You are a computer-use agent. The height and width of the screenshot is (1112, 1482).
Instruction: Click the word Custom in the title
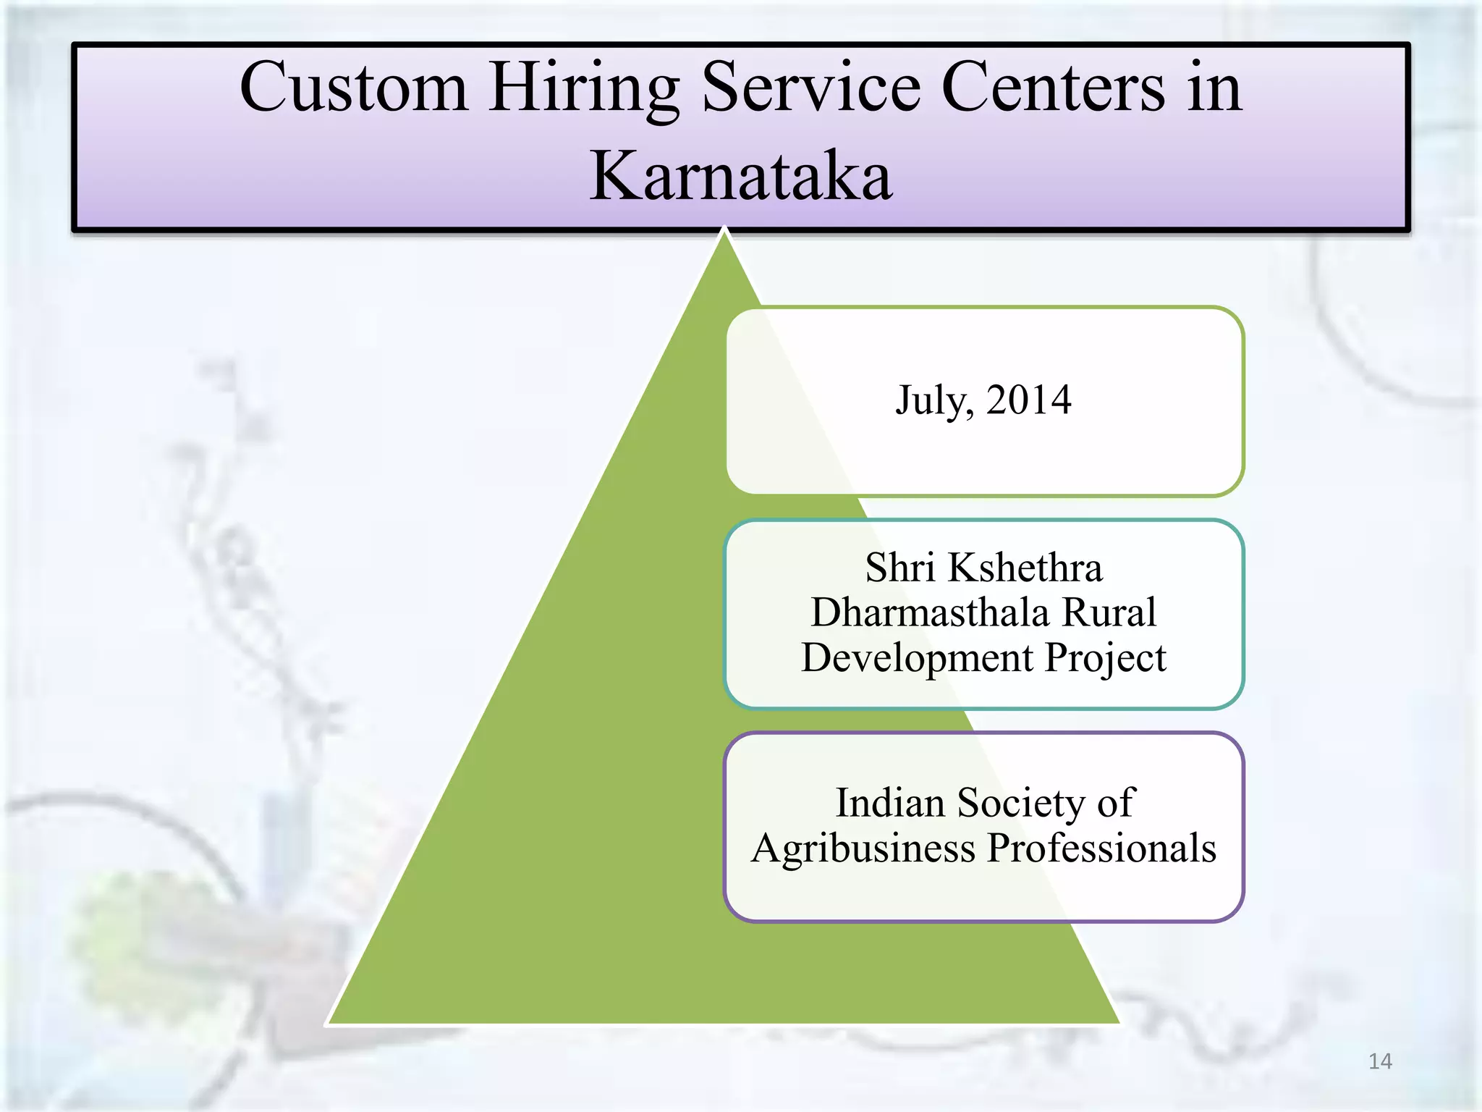(x=353, y=88)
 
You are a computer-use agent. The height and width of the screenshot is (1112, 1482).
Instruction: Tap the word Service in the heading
(x=810, y=88)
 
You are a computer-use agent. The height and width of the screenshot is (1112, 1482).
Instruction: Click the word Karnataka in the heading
(x=740, y=177)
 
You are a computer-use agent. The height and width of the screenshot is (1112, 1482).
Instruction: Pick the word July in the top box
(x=933, y=401)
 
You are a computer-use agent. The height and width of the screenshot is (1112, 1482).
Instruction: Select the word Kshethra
(x=1025, y=568)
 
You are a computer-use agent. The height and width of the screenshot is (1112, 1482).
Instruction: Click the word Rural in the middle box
(x=1109, y=612)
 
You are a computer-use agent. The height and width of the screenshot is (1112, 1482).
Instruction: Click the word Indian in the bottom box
(x=890, y=803)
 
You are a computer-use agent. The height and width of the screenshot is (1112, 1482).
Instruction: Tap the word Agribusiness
(x=863, y=848)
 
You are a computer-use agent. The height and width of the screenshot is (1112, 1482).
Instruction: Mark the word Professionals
(x=1101, y=848)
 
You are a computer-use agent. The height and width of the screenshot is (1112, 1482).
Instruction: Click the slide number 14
(x=1380, y=1061)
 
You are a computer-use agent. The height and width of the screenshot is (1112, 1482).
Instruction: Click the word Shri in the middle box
(x=900, y=568)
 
